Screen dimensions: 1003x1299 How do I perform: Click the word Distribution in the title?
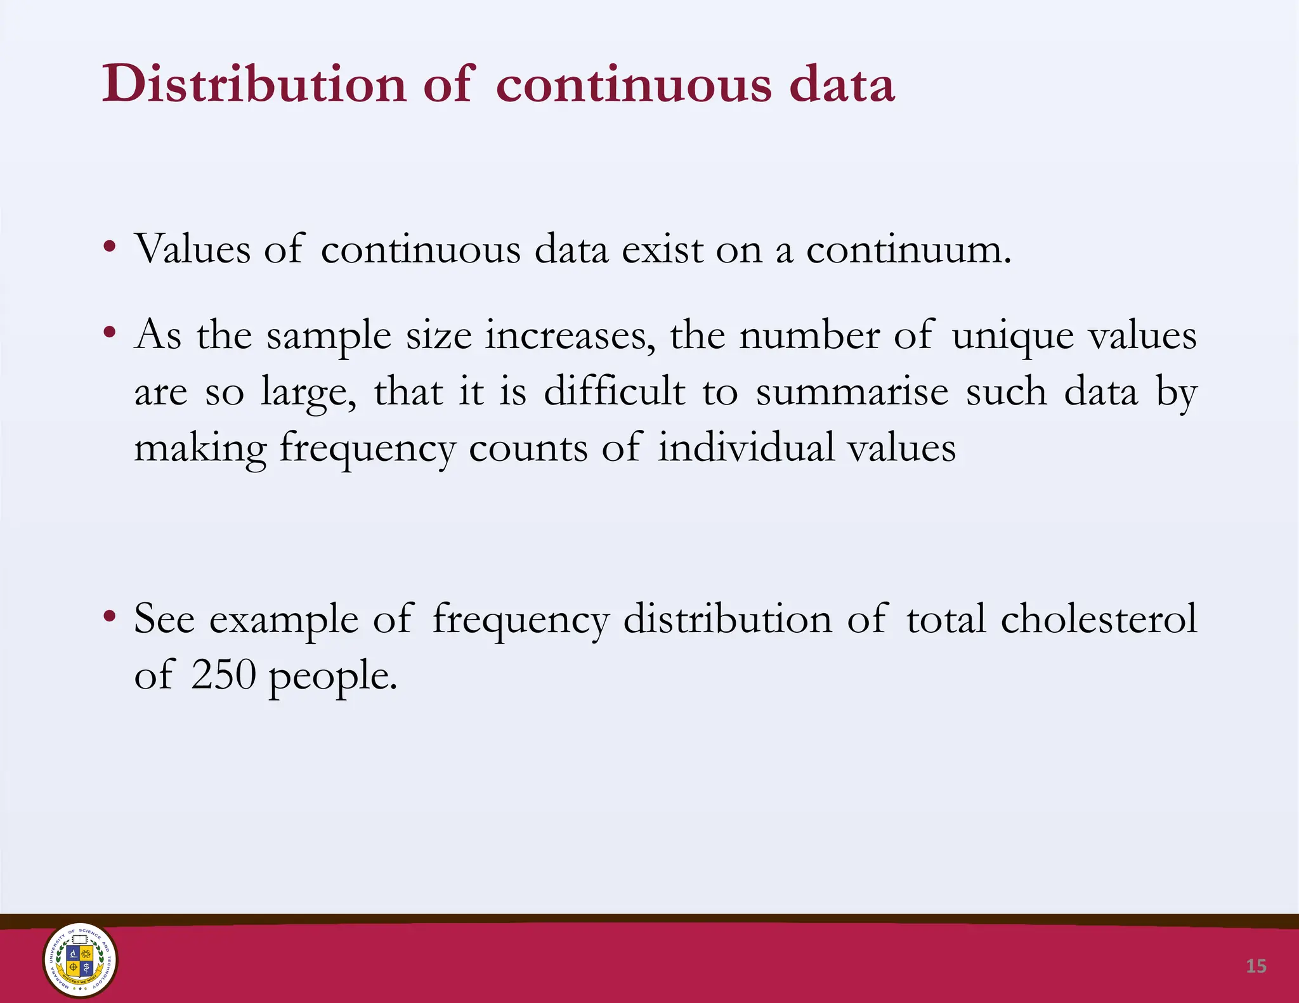pyautogui.click(x=254, y=84)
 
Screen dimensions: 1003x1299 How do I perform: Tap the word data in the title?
pyautogui.click(x=842, y=84)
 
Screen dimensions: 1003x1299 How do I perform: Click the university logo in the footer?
pyautogui.click(x=80, y=960)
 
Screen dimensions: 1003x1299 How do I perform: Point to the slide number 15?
pyautogui.click(x=1256, y=966)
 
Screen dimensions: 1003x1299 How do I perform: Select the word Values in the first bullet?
pyautogui.click(x=193, y=249)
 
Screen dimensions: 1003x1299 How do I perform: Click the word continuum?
pyautogui.click(x=908, y=250)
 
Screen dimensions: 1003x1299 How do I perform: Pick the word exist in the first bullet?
pyautogui.click(x=662, y=250)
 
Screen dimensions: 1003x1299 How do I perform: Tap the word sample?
pyautogui.click(x=329, y=336)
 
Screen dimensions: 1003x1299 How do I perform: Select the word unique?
pyautogui.click(x=1013, y=336)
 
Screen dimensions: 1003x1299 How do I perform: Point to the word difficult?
pyautogui.click(x=615, y=391)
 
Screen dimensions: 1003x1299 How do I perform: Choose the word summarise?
pyautogui.click(x=852, y=392)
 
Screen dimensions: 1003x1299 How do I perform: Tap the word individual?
pyautogui.click(x=745, y=448)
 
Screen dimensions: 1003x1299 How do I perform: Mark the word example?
pyautogui.click(x=284, y=619)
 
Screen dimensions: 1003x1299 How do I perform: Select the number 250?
pyautogui.click(x=223, y=675)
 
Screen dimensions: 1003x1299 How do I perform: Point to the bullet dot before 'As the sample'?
pyautogui.click(x=110, y=332)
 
